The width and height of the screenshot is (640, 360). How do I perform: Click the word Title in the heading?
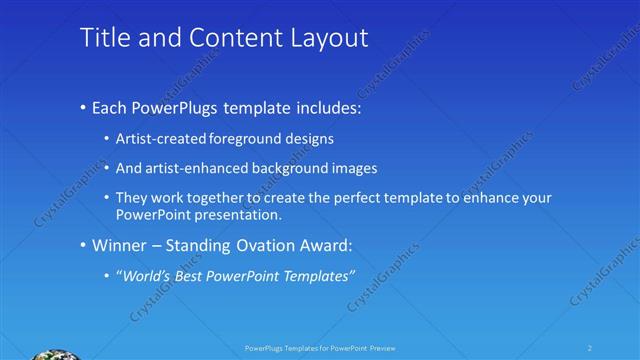point(102,38)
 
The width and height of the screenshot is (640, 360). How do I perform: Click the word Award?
point(327,245)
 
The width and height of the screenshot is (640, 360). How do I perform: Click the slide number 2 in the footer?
point(589,348)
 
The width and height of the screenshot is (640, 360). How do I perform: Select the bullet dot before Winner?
point(82,245)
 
